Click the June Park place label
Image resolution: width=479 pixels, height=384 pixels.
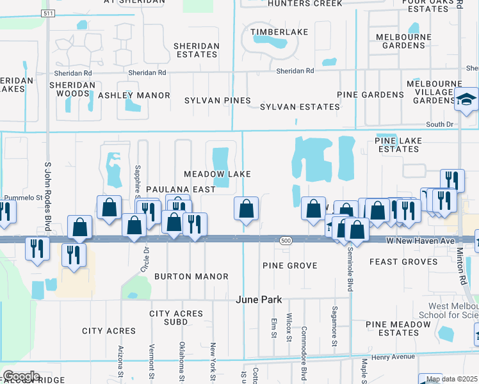coord(259,300)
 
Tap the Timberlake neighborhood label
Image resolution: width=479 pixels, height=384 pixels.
coord(279,31)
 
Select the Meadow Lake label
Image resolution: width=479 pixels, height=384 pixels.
coord(217,174)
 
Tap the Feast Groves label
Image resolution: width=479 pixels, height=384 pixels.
coord(403,262)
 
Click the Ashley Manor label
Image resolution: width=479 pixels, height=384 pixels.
coord(134,95)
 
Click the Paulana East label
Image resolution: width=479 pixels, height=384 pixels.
coord(171,190)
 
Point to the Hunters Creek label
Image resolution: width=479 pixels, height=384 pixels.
coord(306,3)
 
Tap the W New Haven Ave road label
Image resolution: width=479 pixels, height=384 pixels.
coord(415,240)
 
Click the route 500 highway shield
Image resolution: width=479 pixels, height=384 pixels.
coord(286,240)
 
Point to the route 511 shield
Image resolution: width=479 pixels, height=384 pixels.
coord(47,13)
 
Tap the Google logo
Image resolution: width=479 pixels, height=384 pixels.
coord(21,376)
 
